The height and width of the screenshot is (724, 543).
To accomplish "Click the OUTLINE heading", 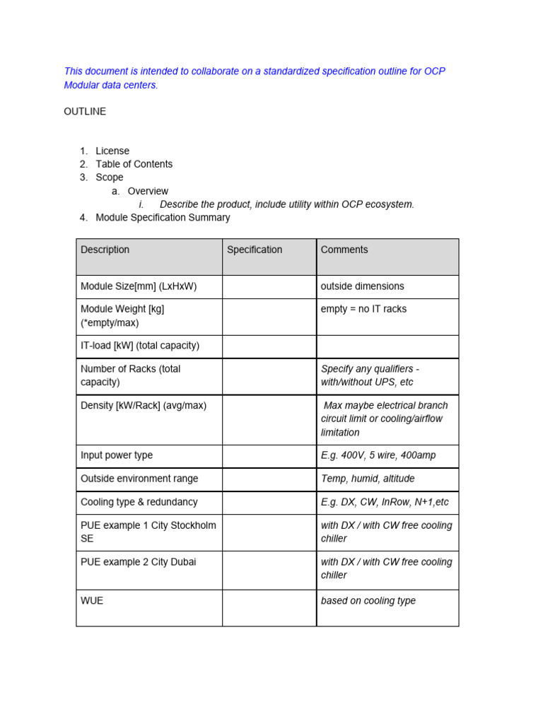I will pyautogui.click(x=85, y=112).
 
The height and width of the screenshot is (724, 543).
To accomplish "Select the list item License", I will pyautogui.click(x=112, y=151).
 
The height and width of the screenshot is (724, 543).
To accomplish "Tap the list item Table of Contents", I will pyautogui.click(x=134, y=164).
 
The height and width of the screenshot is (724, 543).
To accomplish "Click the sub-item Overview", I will pyautogui.click(x=148, y=191).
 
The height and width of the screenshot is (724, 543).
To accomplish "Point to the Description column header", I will pyautogui.click(x=105, y=250).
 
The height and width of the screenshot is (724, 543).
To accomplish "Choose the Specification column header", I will pyautogui.click(x=255, y=250).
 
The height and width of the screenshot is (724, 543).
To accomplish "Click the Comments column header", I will pyautogui.click(x=344, y=250).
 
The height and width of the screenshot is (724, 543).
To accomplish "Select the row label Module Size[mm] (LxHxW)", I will pyautogui.click(x=139, y=286).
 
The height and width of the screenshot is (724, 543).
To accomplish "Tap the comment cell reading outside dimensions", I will pyautogui.click(x=363, y=286).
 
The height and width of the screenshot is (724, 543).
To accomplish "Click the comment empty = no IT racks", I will pyautogui.click(x=363, y=309).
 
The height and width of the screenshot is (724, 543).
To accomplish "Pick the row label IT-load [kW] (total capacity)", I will pyautogui.click(x=140, y=346).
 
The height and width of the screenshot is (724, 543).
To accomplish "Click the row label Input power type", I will pyautogui.click(x=117, y=455).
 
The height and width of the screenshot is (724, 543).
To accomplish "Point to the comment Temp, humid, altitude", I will pyautogui.click(x=368, y=479).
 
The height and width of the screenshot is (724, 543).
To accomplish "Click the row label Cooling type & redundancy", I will pyautogui.click(x=139, y=502).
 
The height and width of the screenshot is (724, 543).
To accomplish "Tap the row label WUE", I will pyautogui.click(x=92, y=601).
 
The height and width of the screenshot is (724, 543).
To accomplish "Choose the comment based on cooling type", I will pyautogui.click(x=368, y=601).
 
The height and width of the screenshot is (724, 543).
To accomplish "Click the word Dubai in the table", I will pyautogui.click(x=182, y=562).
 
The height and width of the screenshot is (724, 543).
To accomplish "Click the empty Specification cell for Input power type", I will pyautogui.click(x=269, y=456).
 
